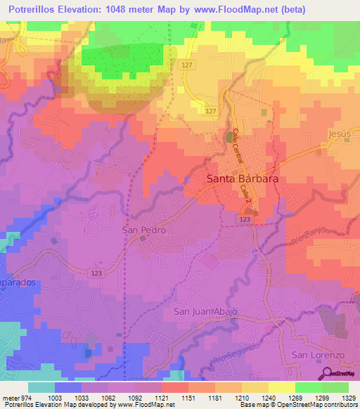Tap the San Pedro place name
coord(143,230)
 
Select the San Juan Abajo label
coord(206,311)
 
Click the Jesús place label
coord(338,134)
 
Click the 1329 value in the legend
coord(340,397)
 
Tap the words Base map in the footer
coord(252,405)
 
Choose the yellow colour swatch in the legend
coord(281,387)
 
